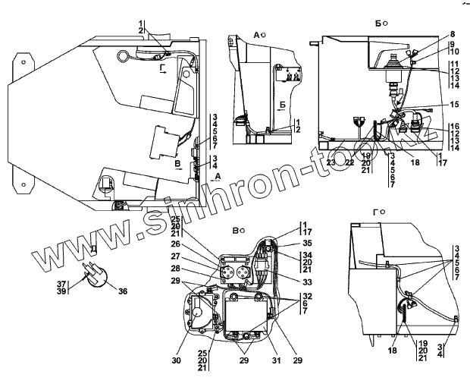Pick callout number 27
pyautogui.click(x=176, y=256)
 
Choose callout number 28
pyautogui.click(x=176, y=269)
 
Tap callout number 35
pyautogui.click(x=285, y=244)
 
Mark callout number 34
pyautogui.click(x=285, y=255)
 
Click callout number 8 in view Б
pyautogui.click(x=452, y=34)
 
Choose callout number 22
pyautogui.click(x=349, y=161)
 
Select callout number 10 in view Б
pyautogui.click(x=452, y=52)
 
